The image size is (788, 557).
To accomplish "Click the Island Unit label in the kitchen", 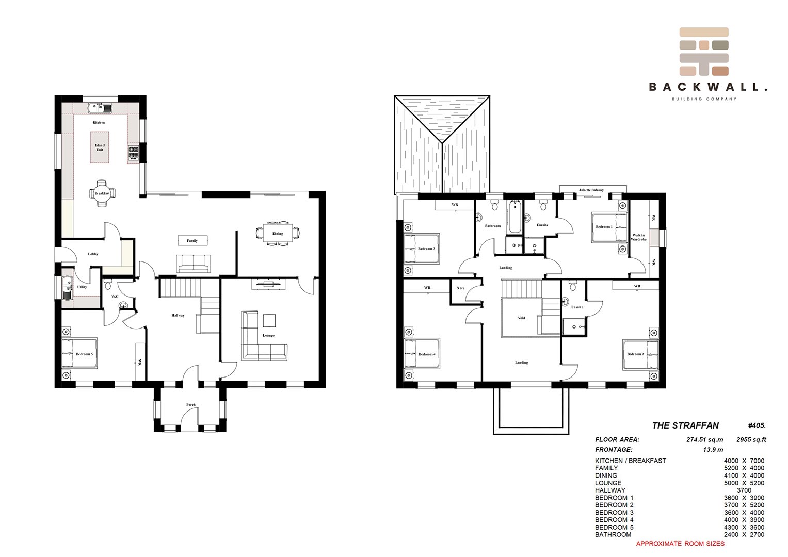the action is (x=100, y=148).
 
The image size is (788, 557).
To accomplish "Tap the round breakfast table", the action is (x=102, y=193).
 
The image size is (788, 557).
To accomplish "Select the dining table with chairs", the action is (x=278, y=234).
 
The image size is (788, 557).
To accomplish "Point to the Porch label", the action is (x=190, y=405).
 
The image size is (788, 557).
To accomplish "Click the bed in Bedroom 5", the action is (x=79, y=354).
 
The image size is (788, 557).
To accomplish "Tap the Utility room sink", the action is (x=67, y=288).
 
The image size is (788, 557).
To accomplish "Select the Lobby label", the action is (x=93, y=254).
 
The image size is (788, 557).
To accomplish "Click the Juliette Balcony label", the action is (x=591, y=190).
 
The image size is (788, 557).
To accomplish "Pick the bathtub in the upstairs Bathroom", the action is (x=514, y=217).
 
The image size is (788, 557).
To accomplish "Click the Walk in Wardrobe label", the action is (x=638, y=237).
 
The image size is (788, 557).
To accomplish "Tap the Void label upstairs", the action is (x=521, y=318).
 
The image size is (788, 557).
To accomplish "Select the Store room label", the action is (x=460, y=288).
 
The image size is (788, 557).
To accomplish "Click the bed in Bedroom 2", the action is (x=640, y=354).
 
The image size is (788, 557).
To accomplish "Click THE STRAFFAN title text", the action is (x=686, y=425).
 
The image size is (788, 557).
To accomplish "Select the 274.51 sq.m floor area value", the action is (x=704, y=439).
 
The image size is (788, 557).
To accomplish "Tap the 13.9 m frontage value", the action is (x=713, y=449).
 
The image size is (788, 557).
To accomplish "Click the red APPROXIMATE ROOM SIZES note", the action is (x=680, y=543).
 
